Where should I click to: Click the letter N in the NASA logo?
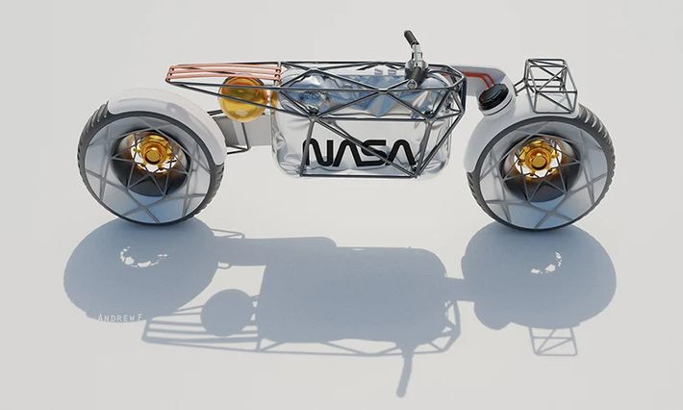pos(316,151)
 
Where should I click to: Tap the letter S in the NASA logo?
pos(372,151)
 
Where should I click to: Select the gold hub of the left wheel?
pos(151,151)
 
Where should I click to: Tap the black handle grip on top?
pos(412,39)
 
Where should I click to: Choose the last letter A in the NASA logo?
pos(400,151)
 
